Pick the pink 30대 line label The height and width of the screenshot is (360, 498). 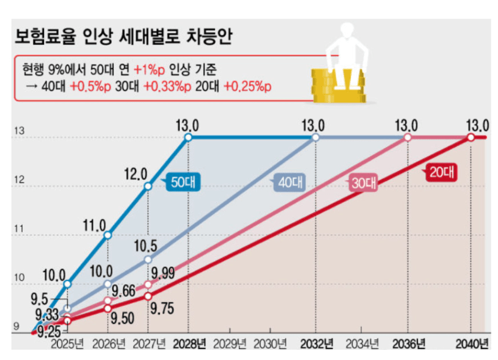pyautogui.click(x=363, y=182)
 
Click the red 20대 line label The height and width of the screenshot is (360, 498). pyautogui.click(x=441, y=172)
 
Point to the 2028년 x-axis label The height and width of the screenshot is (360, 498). pyautogui.click(x=189, y=344)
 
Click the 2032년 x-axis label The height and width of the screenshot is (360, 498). pyautogui.click(x=315, y=344)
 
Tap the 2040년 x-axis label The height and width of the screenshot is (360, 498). pyautogui.click(x=470, y=344)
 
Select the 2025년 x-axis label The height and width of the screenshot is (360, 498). pyautogui.click(x=67, y=344)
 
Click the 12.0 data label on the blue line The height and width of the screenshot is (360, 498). pyautogui.click(x=136, y=174)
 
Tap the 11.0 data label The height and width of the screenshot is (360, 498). pyautogui.click(x=95, y=225)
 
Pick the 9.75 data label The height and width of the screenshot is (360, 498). pyautogui.click(x=162, y=309)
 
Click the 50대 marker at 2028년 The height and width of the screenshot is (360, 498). pyautogui.click(x=188, y=137)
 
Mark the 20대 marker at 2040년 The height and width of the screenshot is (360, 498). pyautogui.click(x=471, y=137)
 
